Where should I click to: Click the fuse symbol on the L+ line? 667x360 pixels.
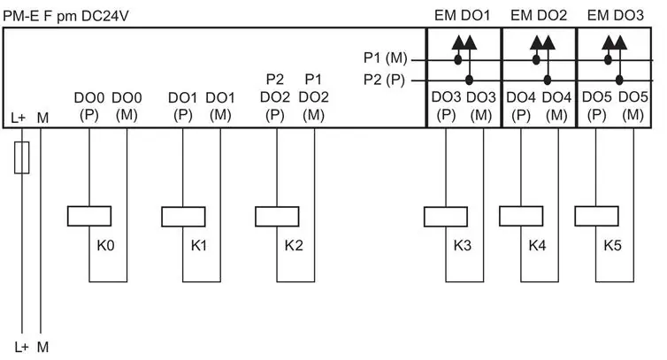click(22, 157)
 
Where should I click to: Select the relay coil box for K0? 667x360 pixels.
click(89, 216)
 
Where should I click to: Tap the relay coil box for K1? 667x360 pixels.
click(183, 217)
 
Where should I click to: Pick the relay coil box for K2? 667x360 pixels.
click(277, 217)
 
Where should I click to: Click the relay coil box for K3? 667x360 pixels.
click(446, 217)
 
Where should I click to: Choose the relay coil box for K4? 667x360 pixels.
click(521, 216)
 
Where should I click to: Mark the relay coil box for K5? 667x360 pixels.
click(596, 216)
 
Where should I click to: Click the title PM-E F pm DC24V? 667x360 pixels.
click(65, 16)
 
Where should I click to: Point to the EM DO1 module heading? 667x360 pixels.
click(462, 15)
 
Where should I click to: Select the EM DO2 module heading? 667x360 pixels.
click(539, 15)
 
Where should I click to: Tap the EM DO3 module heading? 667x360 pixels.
click(615, 15)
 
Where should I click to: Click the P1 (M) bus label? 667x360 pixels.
click(386, 57)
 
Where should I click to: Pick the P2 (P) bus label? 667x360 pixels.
click(384, 80)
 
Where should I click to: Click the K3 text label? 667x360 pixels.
click(462, 246)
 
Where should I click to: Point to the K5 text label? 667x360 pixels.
click(612, 246)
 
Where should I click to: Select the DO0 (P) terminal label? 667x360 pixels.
click(89, 106)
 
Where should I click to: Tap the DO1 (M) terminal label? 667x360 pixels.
click(220, 106)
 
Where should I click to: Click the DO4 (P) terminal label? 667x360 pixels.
click(521, 106)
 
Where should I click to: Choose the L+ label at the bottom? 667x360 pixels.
click(21, 348)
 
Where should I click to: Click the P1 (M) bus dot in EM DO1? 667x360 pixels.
click(457, 60)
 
